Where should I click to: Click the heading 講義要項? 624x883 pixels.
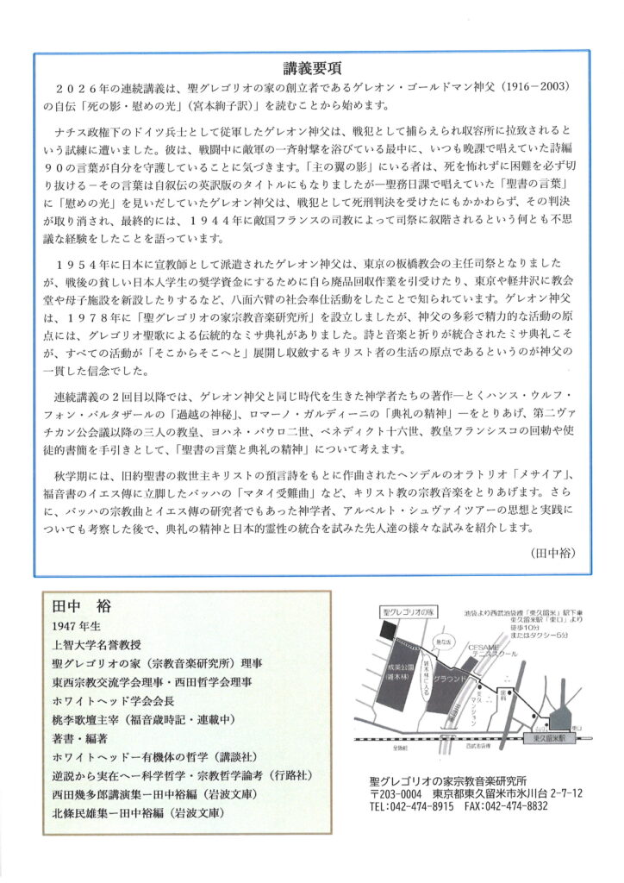click(x=311, y=68)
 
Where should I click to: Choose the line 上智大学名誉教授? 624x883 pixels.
click(x=95, y=644)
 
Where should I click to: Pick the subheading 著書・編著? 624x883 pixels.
click(x=79, y=739)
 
